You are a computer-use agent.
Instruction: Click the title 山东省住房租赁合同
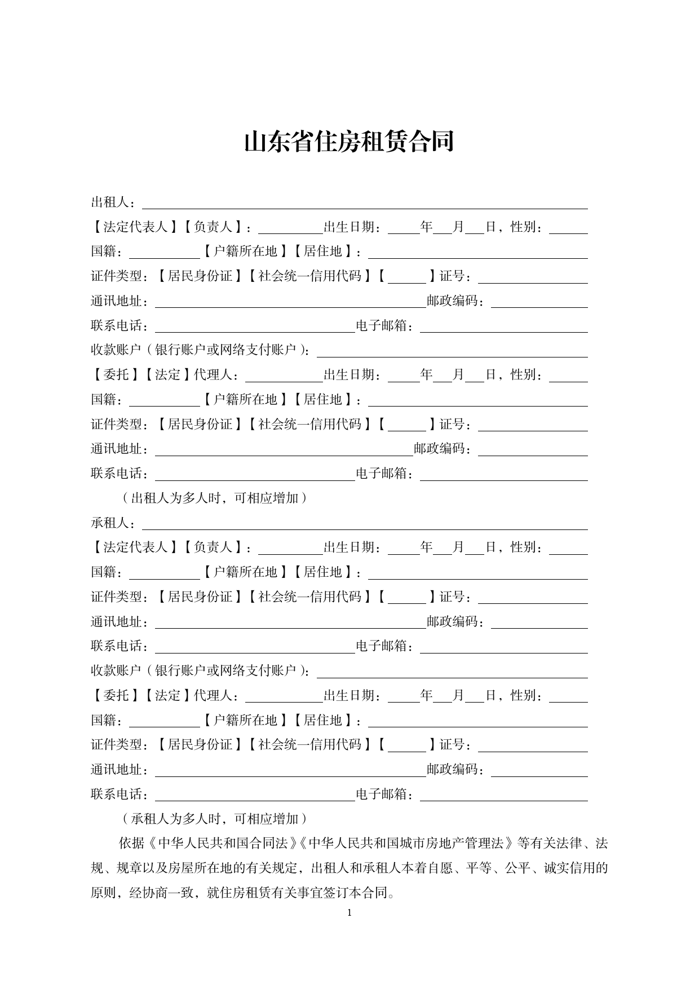pyautogui.click(x=349, y=142)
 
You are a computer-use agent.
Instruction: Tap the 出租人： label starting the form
pyautogui.click(x=113, y=202)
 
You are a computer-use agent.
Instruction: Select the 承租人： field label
pyautogui.click(x=113, y=523)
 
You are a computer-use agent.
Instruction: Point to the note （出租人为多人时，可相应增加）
pyautogui.click(x=214, y=498)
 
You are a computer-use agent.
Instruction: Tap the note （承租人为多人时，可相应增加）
pyautogui.click(x=214, y=819)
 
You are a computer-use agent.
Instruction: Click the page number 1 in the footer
pyautogui.click(x=349, y=912)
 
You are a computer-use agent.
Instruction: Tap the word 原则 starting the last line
pyautogui.click(x=103, y=893)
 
